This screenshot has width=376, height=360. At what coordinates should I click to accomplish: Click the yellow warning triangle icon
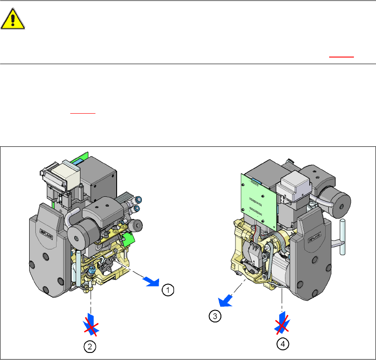[13, 19]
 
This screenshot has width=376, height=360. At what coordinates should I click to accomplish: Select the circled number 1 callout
[168, 290]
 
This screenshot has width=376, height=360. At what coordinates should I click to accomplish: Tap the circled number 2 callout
[90, 347]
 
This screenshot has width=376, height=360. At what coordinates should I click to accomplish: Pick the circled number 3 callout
[215, 316]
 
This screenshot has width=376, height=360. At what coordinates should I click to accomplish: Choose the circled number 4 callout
[283, 344]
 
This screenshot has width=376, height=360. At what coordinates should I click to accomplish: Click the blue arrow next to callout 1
[151, 281]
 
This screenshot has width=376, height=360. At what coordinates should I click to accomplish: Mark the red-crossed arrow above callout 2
[91, 325]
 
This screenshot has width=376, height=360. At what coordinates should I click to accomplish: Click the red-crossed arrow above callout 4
[282, 323]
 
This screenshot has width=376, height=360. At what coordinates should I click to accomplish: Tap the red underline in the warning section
[342, 57]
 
